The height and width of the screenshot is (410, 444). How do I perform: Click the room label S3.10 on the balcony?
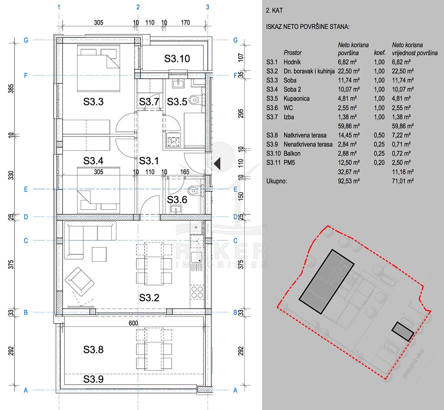(177, 58)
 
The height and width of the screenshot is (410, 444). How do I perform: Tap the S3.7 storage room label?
(149, 102)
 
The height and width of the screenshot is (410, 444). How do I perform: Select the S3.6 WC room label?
(177, 200)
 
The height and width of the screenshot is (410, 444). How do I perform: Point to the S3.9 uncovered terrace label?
(93, 379)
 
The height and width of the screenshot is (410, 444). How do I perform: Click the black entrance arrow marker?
(217, 163)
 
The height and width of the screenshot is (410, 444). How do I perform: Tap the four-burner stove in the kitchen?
(197, 292)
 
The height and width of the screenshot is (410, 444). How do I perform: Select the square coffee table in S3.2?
(99, 254)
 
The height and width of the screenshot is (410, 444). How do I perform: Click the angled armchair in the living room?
(80, 281)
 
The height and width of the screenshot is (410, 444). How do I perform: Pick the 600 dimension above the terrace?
(133, 323)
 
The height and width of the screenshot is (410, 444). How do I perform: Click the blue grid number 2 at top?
(138, 7)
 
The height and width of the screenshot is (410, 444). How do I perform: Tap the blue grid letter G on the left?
(26, 40)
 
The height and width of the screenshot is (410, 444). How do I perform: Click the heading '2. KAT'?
(274, 10)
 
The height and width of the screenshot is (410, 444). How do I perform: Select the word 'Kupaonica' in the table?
(296, 99)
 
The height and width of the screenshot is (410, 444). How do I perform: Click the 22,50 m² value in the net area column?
(349, 71)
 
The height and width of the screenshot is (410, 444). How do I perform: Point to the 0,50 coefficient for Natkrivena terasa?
(379, 135)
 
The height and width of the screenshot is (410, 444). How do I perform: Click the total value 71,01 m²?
(403, 181)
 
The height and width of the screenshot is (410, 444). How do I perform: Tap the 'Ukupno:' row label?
(276, 181)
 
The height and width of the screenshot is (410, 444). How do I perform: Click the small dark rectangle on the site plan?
(403, 331)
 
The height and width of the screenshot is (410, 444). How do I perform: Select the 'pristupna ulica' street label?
(413, 363)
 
